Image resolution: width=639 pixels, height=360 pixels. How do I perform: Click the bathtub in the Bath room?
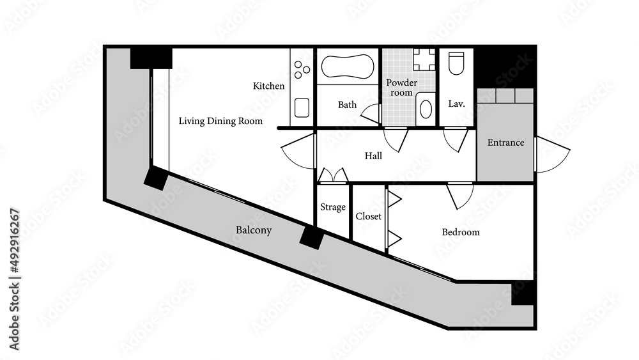pyautogui.click(x=348, y=67)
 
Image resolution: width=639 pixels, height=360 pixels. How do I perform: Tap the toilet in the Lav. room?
pyautogui.click(x=456, y=63)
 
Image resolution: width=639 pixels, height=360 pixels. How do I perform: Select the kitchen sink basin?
pyautogui.click(x=302, y=107)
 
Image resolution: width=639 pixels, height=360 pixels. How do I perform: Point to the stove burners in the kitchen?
pyautogui.click(x=302, y=70)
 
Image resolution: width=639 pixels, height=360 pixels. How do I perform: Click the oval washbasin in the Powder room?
pyautogui.click(x=426, y=109)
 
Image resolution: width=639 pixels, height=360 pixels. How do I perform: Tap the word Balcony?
pyautogui.click(x=254, y=230)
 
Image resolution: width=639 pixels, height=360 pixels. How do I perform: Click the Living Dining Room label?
pyautogui.click(x=220, y=121)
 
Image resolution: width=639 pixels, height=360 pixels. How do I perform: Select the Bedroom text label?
pyautogui.click(x=461, y=232)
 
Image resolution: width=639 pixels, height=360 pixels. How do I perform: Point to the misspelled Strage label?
pyautogui.click(x=333, y=207)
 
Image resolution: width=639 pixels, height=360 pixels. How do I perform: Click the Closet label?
pyautogui.click(x=369, y=217)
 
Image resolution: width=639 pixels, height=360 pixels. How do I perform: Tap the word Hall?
pyautogui.click(x=373, y=156)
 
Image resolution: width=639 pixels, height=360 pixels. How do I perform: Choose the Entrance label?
pyautogui.click(x=505, y=143)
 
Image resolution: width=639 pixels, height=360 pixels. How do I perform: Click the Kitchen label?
pyautogui.click(x=268, y=86)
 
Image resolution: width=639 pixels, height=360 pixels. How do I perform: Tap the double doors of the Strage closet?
pyautogui.click(x=334, y=175)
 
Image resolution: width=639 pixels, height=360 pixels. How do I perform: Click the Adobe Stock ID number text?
pyautogui.click(x=14, y=279)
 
